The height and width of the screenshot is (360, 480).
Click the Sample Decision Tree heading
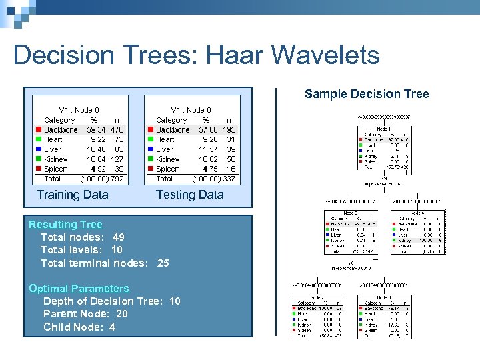367,94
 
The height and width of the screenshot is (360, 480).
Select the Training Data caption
73,195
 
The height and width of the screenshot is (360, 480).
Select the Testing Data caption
189,195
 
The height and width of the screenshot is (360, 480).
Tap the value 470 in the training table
117,129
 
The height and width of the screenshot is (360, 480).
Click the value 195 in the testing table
229,129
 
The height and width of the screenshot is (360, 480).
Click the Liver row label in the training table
53,149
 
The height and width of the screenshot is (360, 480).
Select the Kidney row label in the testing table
167,159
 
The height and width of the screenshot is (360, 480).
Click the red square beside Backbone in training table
39,129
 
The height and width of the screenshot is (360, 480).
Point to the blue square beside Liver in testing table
151,149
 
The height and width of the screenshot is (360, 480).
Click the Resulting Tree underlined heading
65,225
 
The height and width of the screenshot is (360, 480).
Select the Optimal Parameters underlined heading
79,289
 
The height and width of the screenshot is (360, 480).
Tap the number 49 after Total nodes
118,237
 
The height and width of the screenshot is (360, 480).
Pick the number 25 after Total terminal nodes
163,263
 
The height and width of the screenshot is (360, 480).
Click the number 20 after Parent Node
121,314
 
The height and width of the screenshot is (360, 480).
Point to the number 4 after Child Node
112,327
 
